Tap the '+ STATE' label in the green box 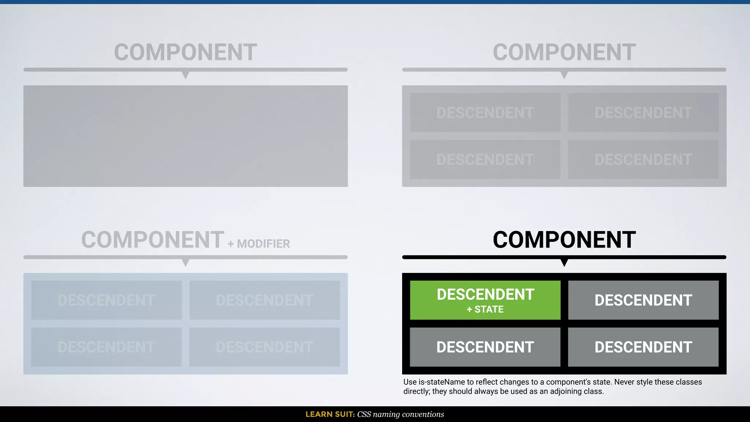[x=485, y=310]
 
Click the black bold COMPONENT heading [x=564, y=240]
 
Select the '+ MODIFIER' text [x=259, y=244]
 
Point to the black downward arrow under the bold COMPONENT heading [x=564, y=262]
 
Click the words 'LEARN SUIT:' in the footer [x=330, y=414]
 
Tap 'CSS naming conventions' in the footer [x=400, y=414]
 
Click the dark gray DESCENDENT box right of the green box [x=643, y=300]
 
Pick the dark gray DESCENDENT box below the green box [x=485, y=347]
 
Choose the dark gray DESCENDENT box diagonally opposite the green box [x=643, y=347]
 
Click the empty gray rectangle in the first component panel [x=185, y=136]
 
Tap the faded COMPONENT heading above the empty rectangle [x=185, y=52]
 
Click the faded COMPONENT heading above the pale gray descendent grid [x=564, y=52]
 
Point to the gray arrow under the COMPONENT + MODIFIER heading [x=186, y=262]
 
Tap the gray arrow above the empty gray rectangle [x=186, y=75]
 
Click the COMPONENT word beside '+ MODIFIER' [x=152, y=240]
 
